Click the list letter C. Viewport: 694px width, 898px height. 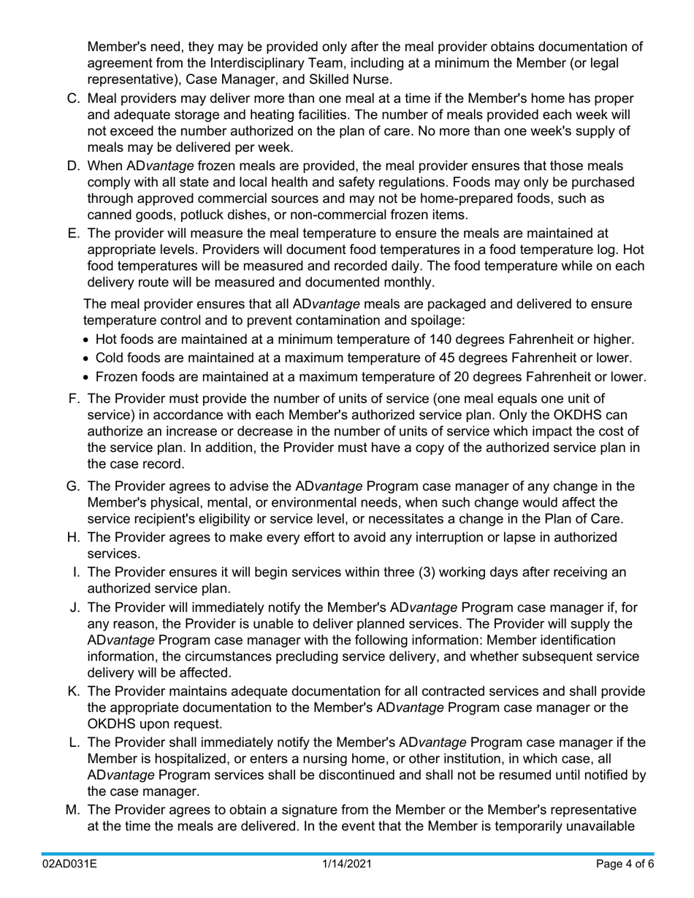[73, 99]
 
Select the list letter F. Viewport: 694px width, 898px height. [73, 399]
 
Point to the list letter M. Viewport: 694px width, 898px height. [72, 810]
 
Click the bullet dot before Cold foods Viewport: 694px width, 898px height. [88, 358]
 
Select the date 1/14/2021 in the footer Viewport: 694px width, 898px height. [348, 864]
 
